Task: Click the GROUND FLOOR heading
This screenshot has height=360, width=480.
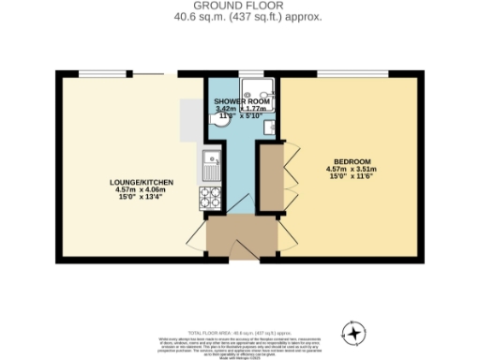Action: coord(239,5)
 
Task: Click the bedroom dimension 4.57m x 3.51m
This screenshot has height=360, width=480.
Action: coord(349,169)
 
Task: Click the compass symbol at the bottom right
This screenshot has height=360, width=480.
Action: coord(353,333)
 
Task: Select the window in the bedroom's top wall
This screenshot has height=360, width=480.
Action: coord(352,74)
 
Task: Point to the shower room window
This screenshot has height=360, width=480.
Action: coord(250,74)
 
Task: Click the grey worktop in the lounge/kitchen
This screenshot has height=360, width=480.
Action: coord(190,120)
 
